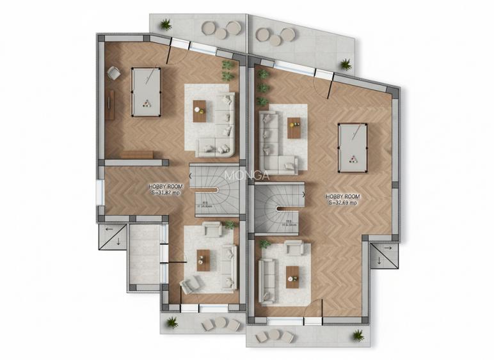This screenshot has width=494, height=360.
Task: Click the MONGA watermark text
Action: point(246,173)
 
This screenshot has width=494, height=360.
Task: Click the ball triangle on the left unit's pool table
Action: point(147,105)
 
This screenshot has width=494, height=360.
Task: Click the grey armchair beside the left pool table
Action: point(113,74)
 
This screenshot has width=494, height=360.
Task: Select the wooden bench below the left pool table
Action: point(137,154)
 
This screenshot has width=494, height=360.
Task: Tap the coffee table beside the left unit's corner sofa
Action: point(200,111)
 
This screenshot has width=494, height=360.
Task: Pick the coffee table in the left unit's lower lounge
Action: point(203,260)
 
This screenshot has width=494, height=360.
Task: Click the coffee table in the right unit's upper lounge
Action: point(294,127)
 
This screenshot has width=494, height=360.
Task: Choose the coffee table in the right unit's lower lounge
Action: point(292,277)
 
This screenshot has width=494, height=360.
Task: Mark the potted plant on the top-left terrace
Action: point(166,25)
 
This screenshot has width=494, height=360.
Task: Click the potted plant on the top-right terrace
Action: point(346,63)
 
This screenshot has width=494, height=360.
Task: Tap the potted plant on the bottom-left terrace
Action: point(172,322)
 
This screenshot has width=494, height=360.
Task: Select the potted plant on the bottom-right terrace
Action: point(358,334)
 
